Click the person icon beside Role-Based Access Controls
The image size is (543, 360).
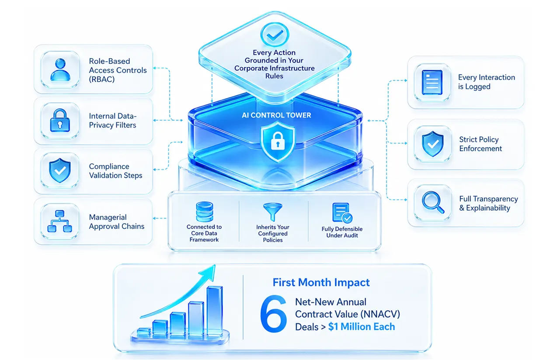click(60, 70)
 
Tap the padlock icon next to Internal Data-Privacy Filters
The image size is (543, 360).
click(60, 121)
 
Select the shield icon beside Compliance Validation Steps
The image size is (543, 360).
click(60, 170)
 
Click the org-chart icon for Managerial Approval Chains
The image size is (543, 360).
click(59, 221)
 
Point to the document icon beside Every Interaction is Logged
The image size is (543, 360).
click(432, 83)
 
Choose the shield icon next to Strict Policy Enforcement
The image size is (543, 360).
click(433, 144)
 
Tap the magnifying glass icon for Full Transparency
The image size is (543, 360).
click(433, 202)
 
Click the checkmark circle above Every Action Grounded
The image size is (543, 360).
click(275, 35)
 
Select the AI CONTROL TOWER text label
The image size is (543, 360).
click(276, 115)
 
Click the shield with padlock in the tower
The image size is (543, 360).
click(278, 142)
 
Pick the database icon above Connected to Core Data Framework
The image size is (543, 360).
click(204, 212)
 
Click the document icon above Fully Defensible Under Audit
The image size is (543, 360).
click(342, 213)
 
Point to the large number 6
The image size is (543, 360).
click(273, 314)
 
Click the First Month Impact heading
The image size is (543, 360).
click(321, 283)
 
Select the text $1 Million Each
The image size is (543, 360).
click(362, 326)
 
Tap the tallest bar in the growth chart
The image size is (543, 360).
click(215, 311)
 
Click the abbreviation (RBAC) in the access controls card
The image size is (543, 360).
click(101, 80)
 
